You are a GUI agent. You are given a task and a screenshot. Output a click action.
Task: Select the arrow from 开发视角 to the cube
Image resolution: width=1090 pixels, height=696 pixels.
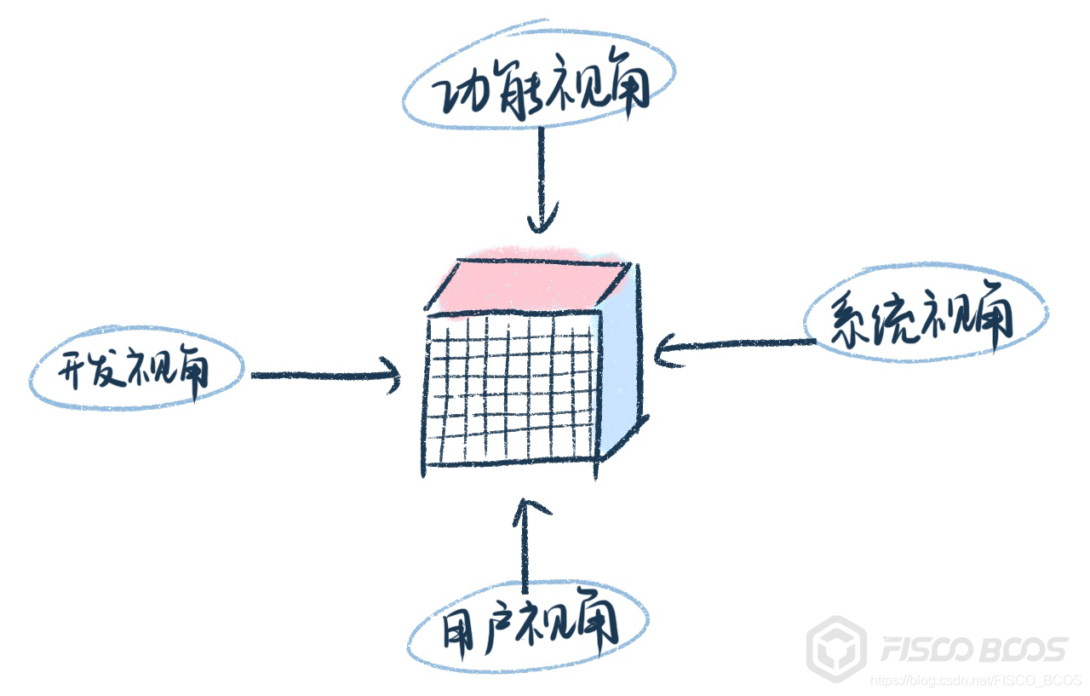pyautogui.click(x=328, y=375)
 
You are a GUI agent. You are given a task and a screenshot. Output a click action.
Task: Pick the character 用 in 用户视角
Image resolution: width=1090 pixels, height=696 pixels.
pyautogui.click(x=461, y=631)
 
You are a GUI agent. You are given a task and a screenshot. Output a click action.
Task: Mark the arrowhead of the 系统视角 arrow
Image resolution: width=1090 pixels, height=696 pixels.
pyautogui.click(x=664, y=350)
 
